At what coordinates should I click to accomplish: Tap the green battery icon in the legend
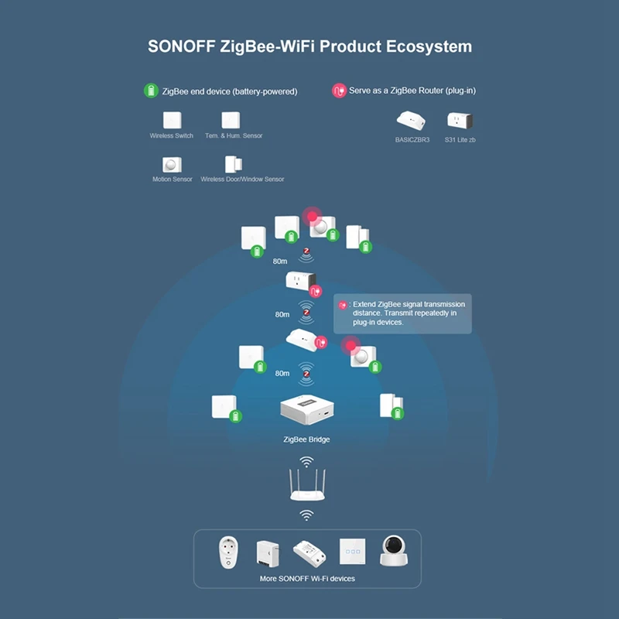(x=150, y=91)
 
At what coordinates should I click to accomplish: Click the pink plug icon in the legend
(x=338, y=91)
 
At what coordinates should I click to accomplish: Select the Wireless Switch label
(x=172, y=136)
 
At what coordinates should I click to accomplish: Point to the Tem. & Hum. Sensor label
(x=234, y=136)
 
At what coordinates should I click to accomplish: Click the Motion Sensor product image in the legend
(x=171, y=164)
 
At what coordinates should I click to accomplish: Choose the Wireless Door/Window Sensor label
(x=242, y=180)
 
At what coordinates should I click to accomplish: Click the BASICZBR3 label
(x=412, y=140)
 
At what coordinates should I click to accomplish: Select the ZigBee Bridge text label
(x=306, y=439)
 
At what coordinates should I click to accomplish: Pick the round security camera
(x=394, y=551)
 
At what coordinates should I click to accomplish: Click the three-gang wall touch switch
(x=351, y=552)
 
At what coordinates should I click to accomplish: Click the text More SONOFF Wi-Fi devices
(x=307, y=578)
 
